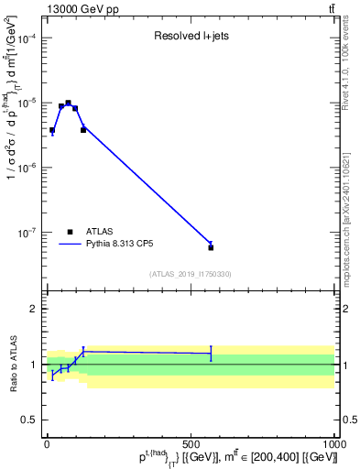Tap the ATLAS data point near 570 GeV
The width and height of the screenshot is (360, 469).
[x=211, y=247]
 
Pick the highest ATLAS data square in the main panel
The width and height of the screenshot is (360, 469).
[x=68, y=104]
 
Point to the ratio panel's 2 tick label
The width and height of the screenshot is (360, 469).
[x=31, y=309]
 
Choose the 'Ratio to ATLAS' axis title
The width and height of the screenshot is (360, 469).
[x=12, y=364]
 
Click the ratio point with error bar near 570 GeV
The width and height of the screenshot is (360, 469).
[x=211, y=353]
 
